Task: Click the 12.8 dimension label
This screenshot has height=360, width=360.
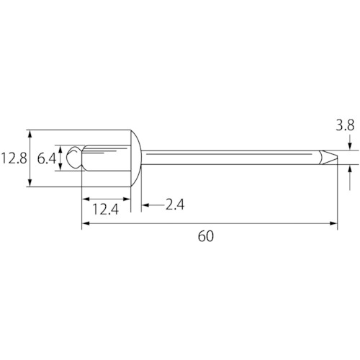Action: pos(14,158)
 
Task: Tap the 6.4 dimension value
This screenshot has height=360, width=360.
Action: pos(47,158)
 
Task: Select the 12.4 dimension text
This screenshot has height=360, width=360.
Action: pos(106,209)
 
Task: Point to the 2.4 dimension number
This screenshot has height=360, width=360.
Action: pos(175,204)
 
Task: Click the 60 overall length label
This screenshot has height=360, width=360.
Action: pos(206,236)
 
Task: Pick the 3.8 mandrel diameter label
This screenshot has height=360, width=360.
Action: pos(345,125)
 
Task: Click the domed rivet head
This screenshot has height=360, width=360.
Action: pos(136,158)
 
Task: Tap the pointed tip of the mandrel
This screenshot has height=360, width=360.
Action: pos(338,157)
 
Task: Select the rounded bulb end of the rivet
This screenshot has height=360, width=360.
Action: pos(73,158)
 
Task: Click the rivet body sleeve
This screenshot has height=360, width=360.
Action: pos(107,158)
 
